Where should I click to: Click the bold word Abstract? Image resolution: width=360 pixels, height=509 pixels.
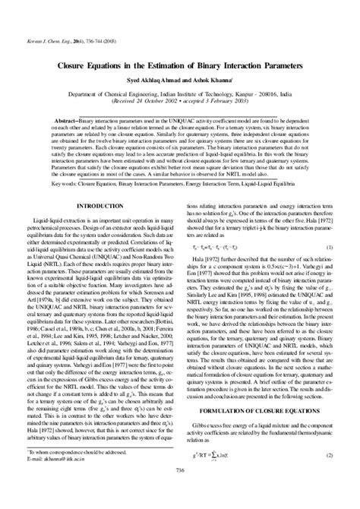[x=62, y=120]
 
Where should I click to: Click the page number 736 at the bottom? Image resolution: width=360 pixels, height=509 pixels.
[x=179, y=492]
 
